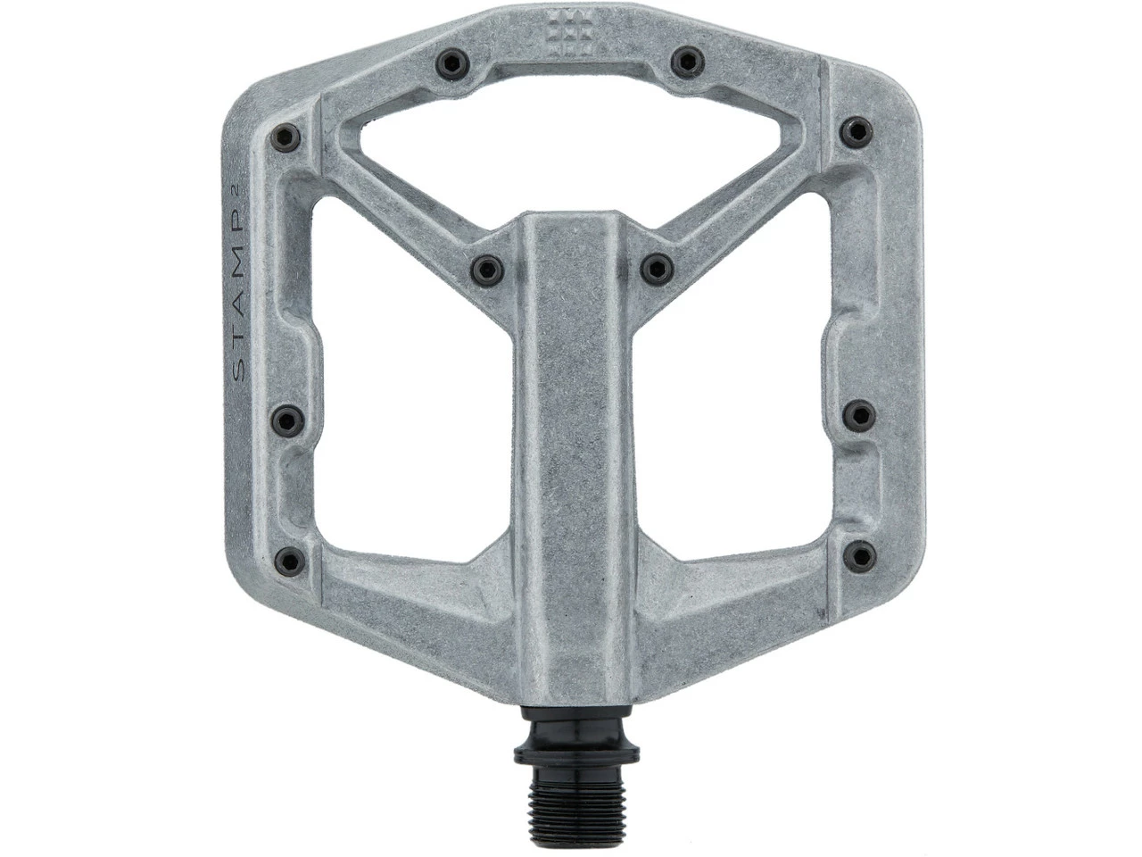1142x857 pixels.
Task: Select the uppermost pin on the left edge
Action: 285,135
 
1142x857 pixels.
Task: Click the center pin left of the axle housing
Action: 485,267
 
